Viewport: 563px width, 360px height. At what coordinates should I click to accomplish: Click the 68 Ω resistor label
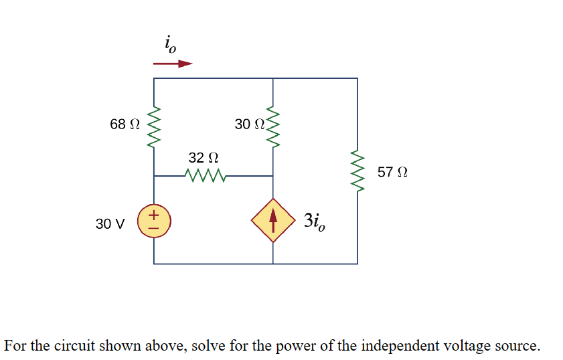click(125, 124)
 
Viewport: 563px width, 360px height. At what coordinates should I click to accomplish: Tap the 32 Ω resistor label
click(204, 158)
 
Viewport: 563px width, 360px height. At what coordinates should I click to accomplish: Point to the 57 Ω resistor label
click(392, 172)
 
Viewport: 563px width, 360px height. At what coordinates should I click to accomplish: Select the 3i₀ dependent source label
click(315, 221)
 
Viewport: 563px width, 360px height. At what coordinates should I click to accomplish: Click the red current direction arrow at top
click(173, 64)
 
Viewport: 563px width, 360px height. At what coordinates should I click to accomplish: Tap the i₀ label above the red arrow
click(170, 45)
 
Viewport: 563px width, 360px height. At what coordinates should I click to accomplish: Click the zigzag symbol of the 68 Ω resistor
click(155, 127)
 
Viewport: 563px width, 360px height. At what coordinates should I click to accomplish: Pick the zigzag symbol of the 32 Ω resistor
click(205, 176)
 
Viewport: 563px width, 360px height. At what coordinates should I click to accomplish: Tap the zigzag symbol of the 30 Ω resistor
click(273, 127)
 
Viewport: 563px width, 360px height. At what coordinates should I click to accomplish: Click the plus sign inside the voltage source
click(153, 215)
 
